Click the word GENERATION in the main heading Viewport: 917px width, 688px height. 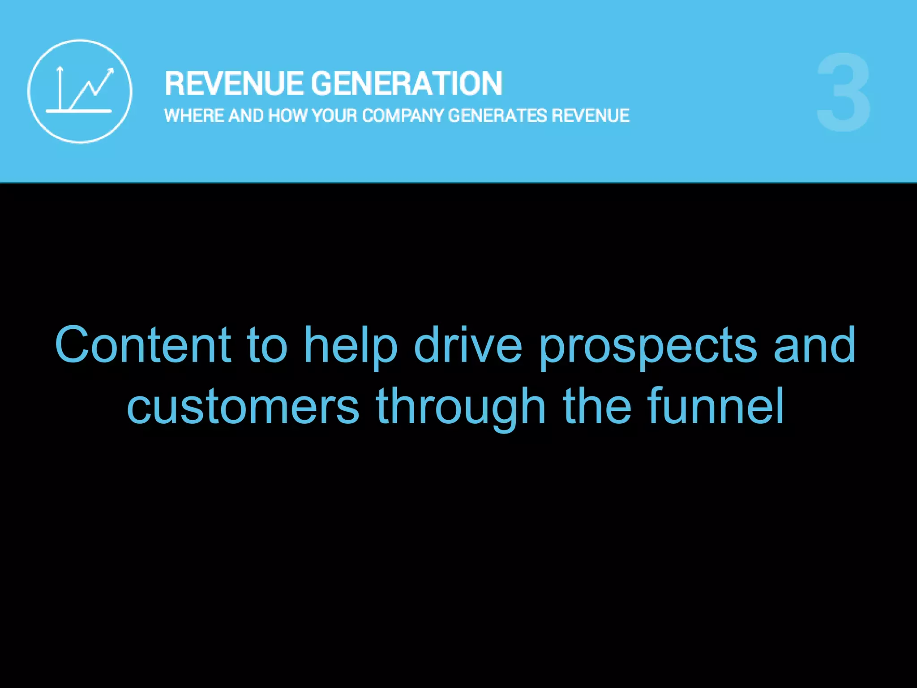(x=407, y=84)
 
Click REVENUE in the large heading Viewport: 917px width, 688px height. (x=234, y=84)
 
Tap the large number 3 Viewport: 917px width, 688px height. (x=844, y=93)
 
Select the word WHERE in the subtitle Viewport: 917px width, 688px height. (x=194, y=116)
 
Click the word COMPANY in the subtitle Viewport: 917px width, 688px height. (x=403, y=116)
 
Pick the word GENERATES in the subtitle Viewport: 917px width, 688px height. (x=497, y=116)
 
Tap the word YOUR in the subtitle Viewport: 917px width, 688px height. (x=334, y=116)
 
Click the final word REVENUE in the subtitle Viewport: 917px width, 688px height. (x=590, y=116)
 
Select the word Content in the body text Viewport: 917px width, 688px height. (x=143, y=344)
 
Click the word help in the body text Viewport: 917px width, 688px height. (x=351, y=345)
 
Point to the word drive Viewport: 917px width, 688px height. (x=467, y=344)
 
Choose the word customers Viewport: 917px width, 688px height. (x=243, y=406)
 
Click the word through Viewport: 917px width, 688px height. (x=461, y=407)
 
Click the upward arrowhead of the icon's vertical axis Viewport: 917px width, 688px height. (x=60, y=69)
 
